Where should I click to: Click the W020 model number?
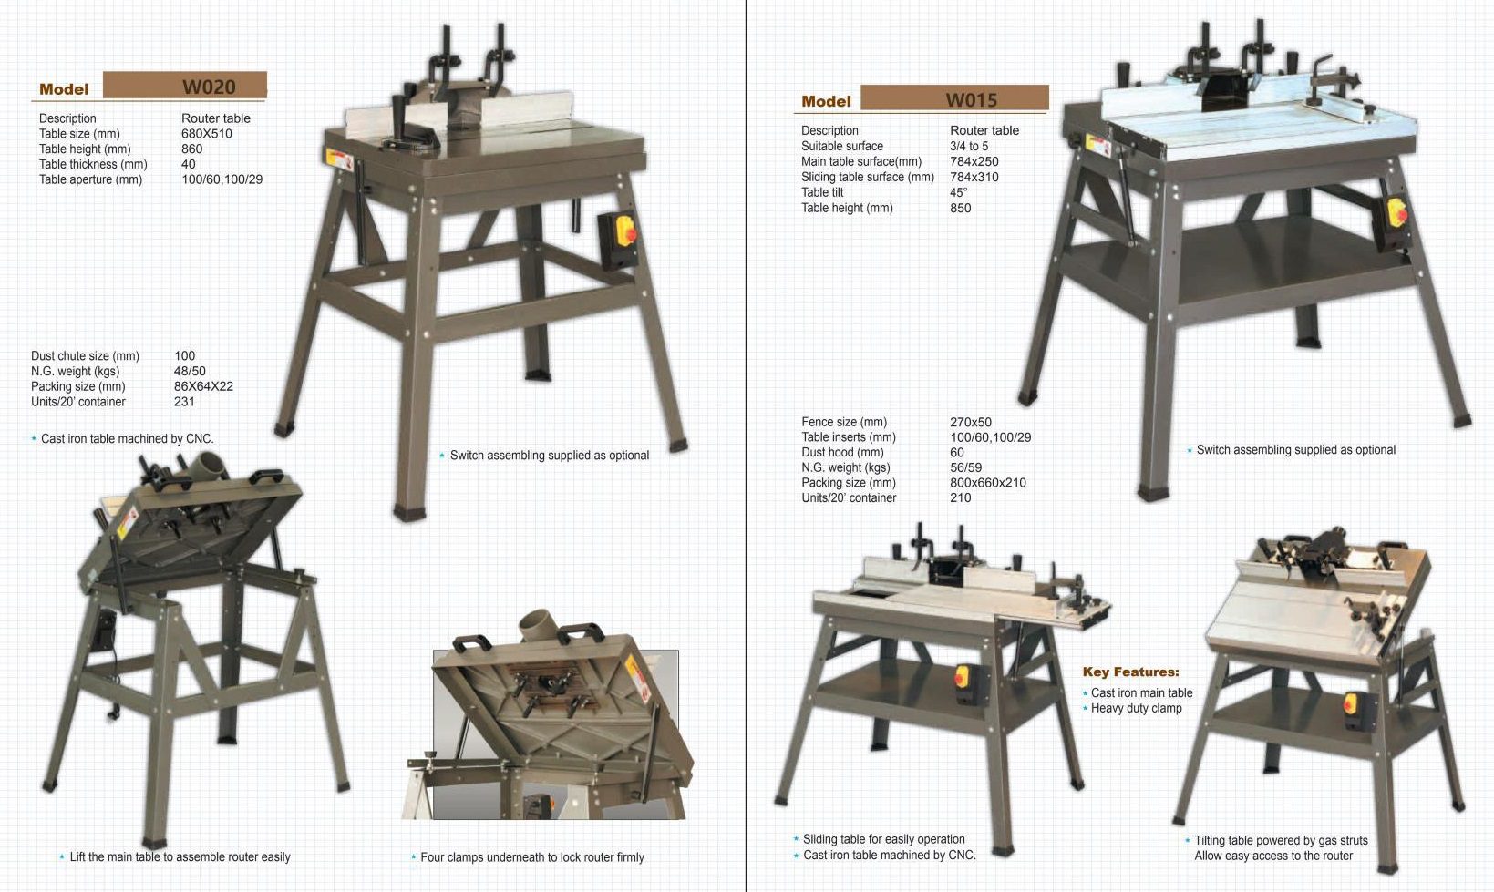[209, 87]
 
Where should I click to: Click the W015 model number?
[971, 100]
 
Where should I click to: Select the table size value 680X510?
[207, 133]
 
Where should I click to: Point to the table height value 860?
[192, 149]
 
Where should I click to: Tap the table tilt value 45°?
[958, 192]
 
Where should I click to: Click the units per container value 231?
[184, 402]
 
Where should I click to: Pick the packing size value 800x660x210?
[988, 483]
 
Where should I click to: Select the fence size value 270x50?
[971, 422]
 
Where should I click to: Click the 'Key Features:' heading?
[1130, 672]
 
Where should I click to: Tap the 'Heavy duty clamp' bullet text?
[1137, 709]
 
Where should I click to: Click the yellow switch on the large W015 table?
[1396, 212]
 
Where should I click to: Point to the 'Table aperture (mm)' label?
[91, 179]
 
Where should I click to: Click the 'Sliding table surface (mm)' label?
[868, 178]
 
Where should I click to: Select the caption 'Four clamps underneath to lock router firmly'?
[532, 857]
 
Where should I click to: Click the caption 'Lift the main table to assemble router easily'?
[180, 857]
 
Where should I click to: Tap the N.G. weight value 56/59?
[965, 467]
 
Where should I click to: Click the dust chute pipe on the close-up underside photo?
[539, 625]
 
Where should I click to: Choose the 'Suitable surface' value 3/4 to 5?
[969, 146]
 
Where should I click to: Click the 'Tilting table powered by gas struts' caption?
[1281, 841]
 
